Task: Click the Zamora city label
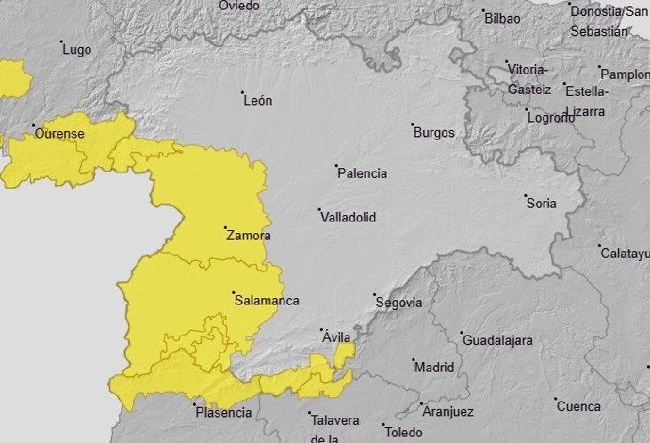250,236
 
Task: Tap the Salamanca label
267,301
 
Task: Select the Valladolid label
349,217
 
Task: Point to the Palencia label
363,173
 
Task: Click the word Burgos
434,133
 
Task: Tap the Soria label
542,203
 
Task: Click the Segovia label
398,303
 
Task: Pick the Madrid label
434,367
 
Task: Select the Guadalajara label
497,339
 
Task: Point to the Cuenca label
578,406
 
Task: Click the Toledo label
404,434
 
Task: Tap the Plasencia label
223,412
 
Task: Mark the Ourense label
59,134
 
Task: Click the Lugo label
76,50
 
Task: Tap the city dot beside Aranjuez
416,406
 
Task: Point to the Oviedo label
238,6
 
